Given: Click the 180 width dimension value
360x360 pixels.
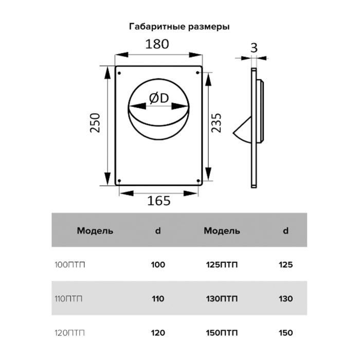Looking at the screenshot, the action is click(x=157, y=44).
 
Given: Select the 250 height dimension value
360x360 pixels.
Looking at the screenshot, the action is click(x=95, y=123).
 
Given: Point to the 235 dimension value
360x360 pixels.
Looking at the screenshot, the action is click(x=217, y=123).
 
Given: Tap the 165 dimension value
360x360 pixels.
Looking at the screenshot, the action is click(x=159, y=201).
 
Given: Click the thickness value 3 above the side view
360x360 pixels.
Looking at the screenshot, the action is click(x=254, y=48).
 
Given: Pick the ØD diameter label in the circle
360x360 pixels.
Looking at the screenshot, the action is click(x=159, y=99).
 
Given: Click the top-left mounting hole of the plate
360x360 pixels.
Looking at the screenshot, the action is click(x=119, y=73).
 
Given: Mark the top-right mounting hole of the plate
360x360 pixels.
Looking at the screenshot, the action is click(x=197, y=73).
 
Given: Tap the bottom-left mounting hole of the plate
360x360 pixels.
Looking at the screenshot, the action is click(x=119, y=181).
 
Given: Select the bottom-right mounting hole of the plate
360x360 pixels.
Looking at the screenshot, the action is click(x=199, y=181).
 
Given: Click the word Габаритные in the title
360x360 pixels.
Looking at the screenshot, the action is click(x=157, y=27).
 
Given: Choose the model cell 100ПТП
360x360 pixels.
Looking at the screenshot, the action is click(x=70, y=265).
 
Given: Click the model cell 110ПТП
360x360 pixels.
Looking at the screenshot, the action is click(x=68, y=299).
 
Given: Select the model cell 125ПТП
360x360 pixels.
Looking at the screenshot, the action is click(x=222, y=265).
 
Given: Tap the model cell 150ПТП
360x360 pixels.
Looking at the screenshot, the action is click(x=222, y=333).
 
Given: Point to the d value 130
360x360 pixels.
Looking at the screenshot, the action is click(x=285, y=299).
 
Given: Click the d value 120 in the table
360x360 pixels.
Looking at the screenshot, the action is click(x=158, y=333).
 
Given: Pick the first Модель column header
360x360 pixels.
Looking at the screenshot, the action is click(x=95, y=230).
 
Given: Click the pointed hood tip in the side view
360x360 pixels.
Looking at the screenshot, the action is click(x=233, y=133).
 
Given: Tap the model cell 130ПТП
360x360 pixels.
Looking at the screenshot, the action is click(x=222, y=299).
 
